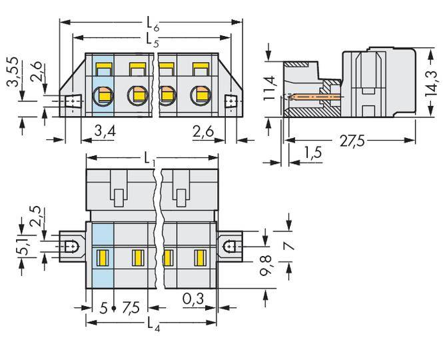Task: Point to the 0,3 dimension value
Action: pyautogui.click(x=193, y=301)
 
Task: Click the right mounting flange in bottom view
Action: pyautogui.click(x=230, y=245)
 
